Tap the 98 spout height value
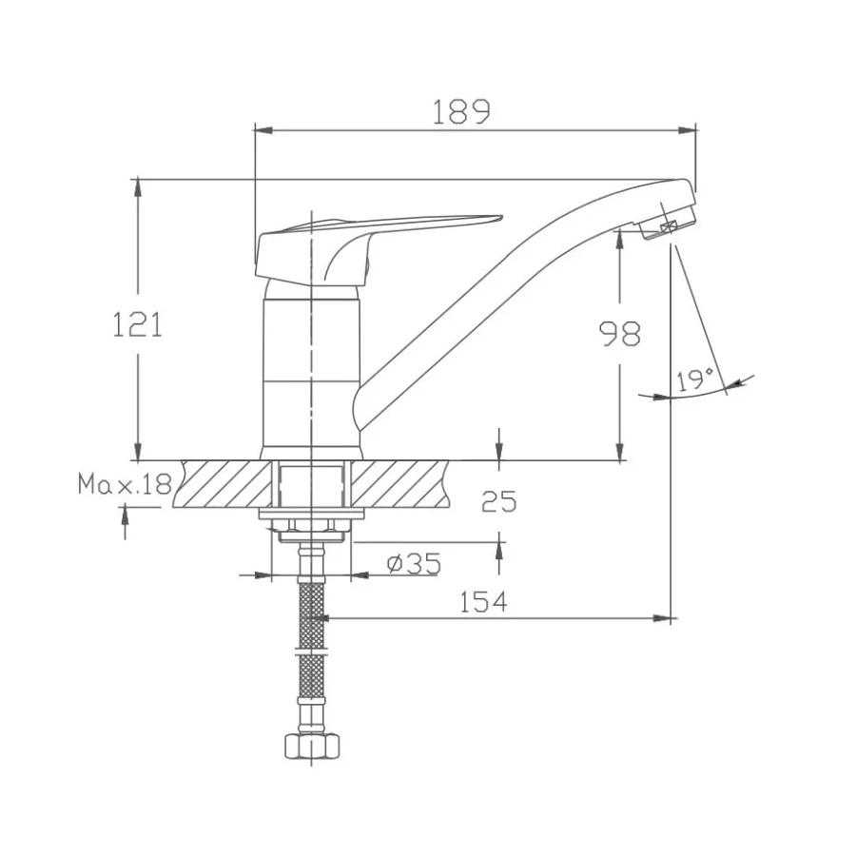(x=619, y=333)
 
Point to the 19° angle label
(x=695, y=381)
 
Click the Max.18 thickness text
(x=125, y=486)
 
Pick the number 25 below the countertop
(x=499, y=502)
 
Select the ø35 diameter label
(x=414, y=564)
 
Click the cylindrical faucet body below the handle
(x=312, y=371)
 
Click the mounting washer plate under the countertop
(x=312, y=515)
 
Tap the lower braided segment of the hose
(x=311, y=680)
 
